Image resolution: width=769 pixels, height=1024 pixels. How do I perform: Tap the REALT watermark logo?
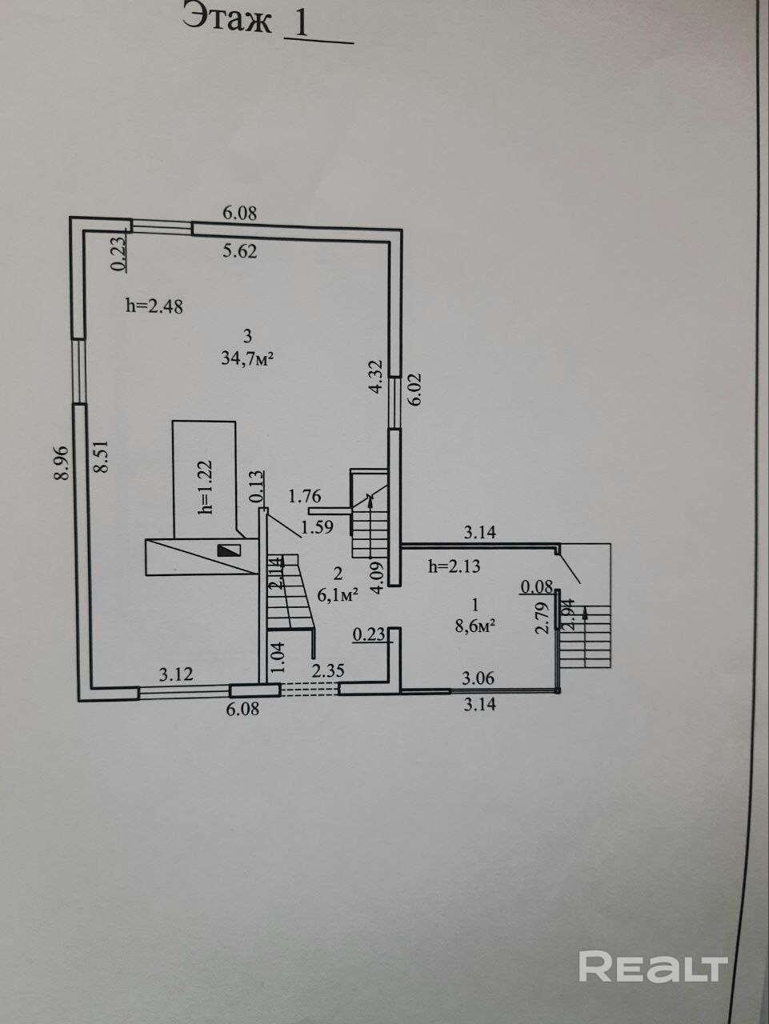[x=652, y=966]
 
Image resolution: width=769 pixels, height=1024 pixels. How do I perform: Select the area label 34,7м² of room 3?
[x=248, y=359]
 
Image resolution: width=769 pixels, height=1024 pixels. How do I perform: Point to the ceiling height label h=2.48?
[x=155, y=305]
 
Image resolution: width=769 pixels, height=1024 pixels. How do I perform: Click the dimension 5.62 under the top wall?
[x=240, y=251]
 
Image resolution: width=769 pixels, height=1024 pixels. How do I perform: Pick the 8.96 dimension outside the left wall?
[x=62, y=463]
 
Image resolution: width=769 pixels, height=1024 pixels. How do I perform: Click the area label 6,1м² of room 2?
[x=337, y=594]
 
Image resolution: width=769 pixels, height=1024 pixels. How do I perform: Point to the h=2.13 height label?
[x=455, y=567]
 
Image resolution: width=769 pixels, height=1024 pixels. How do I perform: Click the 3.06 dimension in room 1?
[x=479, y=678]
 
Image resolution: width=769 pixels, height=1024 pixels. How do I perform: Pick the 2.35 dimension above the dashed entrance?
[x=328, y=670]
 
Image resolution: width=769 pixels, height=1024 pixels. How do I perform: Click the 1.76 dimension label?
[x=305, y=496]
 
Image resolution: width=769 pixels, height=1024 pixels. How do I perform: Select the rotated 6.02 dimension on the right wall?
[x=415, y=390]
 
